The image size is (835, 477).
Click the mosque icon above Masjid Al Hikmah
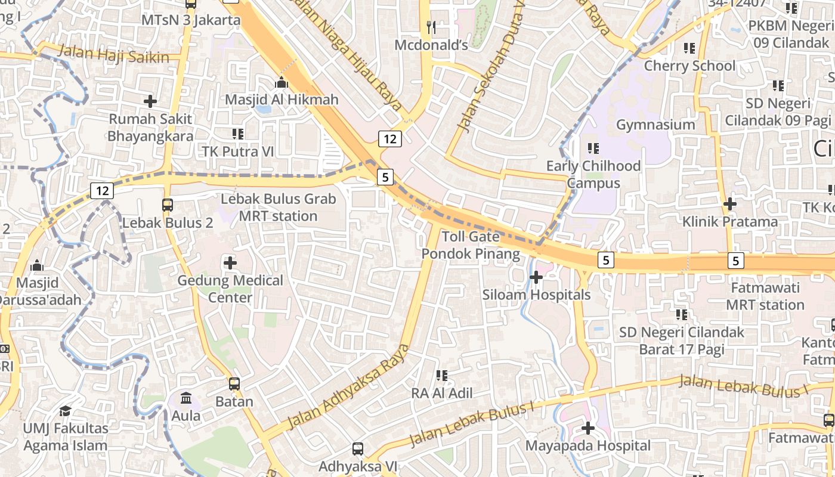pos(281,82)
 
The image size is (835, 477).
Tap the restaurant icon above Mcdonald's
pos(432,27)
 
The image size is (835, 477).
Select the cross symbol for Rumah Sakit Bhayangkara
pos(150,101)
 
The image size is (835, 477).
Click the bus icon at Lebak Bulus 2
pos(168,205)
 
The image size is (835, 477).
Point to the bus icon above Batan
pos(234,384)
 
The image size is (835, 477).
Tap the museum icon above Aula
pos(186,398)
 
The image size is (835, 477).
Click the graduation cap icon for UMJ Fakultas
pos(65,411)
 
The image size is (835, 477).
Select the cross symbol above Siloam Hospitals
pos(536,277)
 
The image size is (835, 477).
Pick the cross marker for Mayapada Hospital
pos(588,428)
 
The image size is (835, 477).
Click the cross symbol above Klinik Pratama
pos(729,204)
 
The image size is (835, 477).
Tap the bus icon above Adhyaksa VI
pos(358,448)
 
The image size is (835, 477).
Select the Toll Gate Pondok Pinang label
pos(471,245)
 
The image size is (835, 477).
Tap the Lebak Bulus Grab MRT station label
pos(279,207)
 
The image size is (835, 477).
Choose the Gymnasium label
pos(655,125)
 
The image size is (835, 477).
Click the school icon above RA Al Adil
pos(442,376)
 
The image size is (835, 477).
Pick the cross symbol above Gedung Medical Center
pos(230,262)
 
